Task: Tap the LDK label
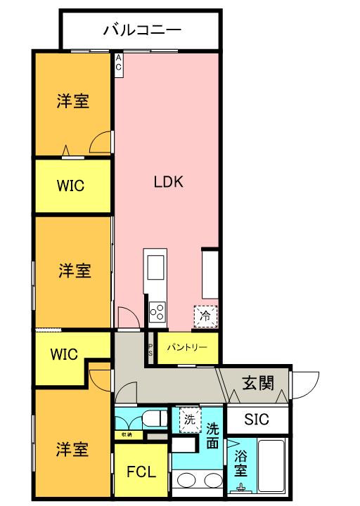169,182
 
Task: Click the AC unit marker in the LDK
118,62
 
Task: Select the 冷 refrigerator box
205,316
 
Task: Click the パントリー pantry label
187,347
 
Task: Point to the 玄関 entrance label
257,383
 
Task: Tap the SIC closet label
257,420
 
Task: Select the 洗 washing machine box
188,419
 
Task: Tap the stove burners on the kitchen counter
157,310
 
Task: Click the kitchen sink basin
155,267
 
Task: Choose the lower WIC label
63,353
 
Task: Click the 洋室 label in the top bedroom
72,101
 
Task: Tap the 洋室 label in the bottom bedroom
72,449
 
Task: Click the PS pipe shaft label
149,349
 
